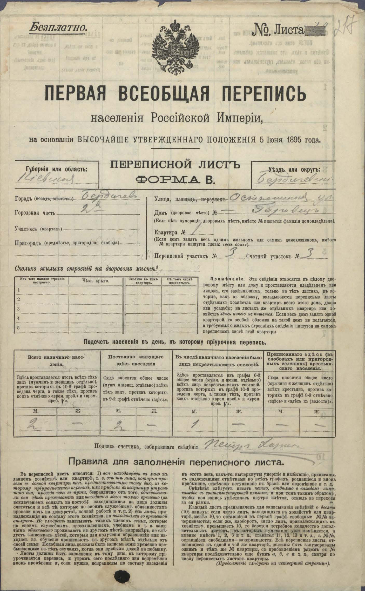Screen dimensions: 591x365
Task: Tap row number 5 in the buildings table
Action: click(x=18, y=327)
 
